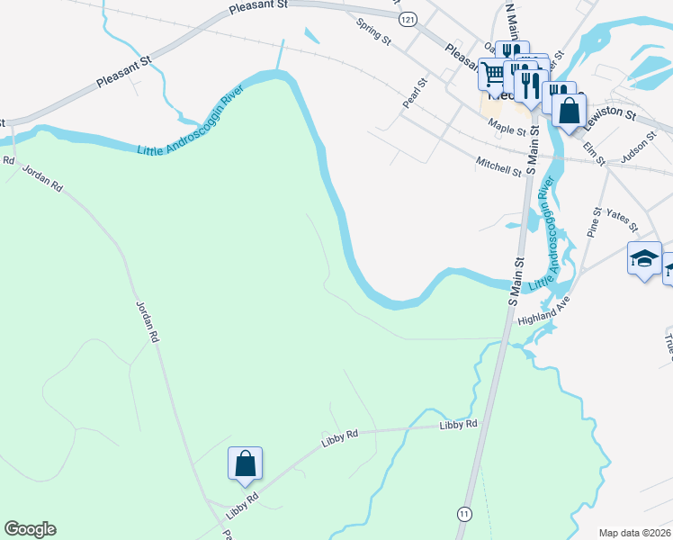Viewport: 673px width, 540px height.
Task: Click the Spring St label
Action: click(374, 32)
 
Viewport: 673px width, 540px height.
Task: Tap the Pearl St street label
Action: click(415, 93)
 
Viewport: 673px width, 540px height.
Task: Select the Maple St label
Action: click(508, 130)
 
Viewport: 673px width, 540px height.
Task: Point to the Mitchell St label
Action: click(499, 166)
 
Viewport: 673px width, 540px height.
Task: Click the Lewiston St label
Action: click(610, 116)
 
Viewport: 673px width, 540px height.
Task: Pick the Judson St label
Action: click(641, 153)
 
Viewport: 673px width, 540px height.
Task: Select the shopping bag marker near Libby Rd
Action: click(245, 464)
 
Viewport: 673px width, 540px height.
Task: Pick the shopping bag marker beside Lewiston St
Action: click(570, 112)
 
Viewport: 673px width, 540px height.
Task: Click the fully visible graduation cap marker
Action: click(644, 259)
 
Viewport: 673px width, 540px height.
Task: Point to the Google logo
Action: click(30, 529)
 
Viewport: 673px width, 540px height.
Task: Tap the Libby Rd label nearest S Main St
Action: click(458, 424)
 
